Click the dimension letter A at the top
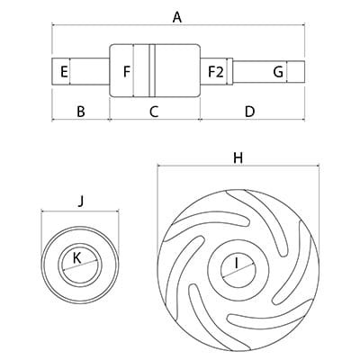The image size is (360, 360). coord(177,17)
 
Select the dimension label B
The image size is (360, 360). coord(81,112)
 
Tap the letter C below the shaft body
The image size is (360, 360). coord(154,112)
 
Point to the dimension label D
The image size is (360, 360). coord(249,112)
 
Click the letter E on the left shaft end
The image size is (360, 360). coord(64,72)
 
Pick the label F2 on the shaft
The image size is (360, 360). coord(216,72)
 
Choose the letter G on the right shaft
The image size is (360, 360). coord(278,72)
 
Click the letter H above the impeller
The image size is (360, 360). coord(238,157)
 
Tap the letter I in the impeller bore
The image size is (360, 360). coord(237,263)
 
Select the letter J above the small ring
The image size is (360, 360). coord(80,202)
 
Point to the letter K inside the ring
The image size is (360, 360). coord(77,258)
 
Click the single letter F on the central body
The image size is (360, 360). coord(127,72)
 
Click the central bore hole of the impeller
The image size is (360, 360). coord(238,269)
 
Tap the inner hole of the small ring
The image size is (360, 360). coord(80,265)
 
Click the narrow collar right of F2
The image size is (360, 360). coord(230,71)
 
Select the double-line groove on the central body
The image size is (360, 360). coord(152,70)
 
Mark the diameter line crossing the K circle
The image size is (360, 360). coord(80,265)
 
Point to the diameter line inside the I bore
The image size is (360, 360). coord(238,270)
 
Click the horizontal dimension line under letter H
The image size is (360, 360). coord(238,166)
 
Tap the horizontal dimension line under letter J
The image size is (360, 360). coord(80,211)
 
